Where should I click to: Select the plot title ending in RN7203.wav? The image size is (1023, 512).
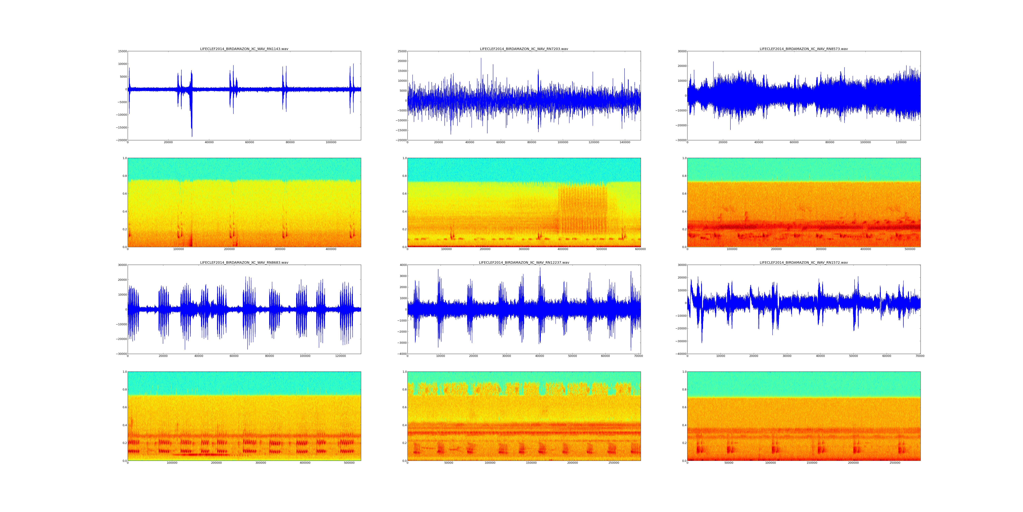tap(524, 49)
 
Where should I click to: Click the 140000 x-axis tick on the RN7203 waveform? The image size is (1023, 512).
tap(625, 142)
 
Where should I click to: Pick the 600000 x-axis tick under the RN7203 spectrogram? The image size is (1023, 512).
tap(640, 249)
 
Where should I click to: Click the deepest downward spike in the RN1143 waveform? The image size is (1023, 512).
tap(192, 136)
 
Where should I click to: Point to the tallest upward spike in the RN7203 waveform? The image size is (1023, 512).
tap(481, 58)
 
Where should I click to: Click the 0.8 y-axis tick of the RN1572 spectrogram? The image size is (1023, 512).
tap(684, 390)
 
